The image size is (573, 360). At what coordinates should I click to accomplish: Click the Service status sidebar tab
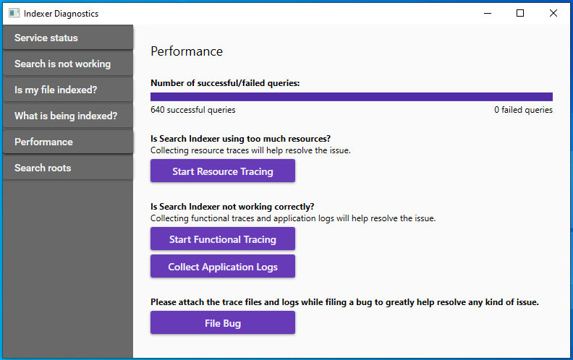click(68, 38)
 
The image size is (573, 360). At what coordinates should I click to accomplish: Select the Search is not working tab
click(68, 64)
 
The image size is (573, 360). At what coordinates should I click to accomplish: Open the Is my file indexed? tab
click(68, 90)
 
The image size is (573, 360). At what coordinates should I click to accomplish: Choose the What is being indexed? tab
click(68, 116)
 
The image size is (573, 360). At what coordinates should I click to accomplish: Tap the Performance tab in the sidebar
click(68, 142)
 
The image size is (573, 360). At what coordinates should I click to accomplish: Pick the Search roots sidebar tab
click(68, 168)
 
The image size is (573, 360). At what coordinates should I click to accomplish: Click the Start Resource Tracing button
click(223, 171)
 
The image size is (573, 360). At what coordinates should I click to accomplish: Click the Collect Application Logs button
click(223, 266)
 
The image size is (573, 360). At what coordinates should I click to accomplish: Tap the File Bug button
click(223, 322)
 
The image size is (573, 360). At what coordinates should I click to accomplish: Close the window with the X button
click(553, 14)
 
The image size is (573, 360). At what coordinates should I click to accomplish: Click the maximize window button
click(520, 14)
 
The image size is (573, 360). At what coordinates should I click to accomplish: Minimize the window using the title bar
click(488, 14)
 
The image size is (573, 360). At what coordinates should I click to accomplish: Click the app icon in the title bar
click(14, 14)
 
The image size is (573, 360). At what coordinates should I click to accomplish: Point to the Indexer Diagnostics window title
click(61, 14)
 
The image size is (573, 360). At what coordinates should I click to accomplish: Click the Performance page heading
click(187, 51)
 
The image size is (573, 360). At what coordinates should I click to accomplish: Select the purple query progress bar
click(352, 97)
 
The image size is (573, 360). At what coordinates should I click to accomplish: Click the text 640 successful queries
click(193, 110)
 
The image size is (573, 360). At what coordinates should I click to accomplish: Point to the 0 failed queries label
click(523, 110)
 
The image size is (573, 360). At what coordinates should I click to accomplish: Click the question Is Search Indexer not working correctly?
click(232, 207)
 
